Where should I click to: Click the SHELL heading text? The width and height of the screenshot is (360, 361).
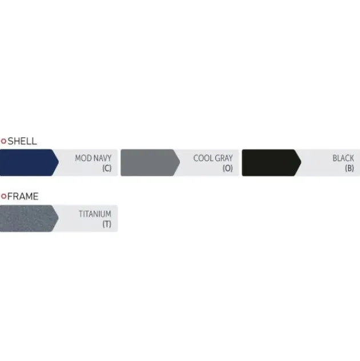pos(22,141)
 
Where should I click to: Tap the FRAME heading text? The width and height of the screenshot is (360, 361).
pos(23,196)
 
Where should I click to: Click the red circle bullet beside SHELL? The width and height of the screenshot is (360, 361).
pos(3,141)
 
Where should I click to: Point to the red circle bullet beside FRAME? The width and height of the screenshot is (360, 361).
pos(3,196)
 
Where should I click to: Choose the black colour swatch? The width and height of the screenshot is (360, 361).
pos(271,162)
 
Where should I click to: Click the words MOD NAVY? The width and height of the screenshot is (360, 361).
pos(93,158)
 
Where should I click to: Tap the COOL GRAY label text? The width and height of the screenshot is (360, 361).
pos(213,158)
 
